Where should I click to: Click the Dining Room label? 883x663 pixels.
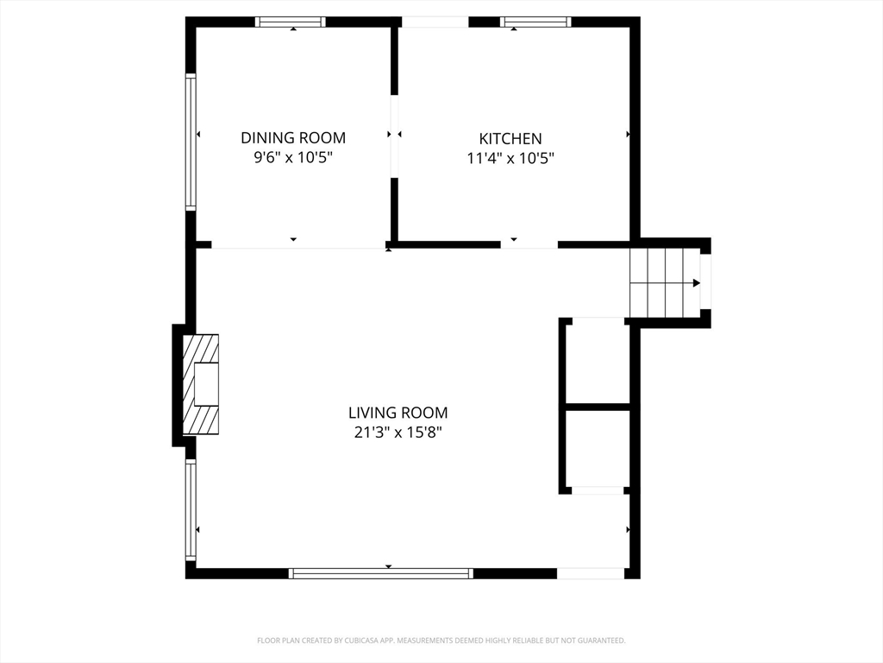click(x=293, y=137)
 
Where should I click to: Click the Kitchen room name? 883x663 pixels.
click(x=510, y=139)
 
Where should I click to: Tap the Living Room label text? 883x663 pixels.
click(x=398, y=413)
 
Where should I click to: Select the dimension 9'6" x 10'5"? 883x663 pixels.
click(x=293, y=157)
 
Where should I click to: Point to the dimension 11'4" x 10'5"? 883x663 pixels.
click(x=510, y=159)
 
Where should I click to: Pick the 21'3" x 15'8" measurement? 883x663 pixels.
click(x=398, y=433)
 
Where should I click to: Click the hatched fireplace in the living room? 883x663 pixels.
click(x=200, y=384)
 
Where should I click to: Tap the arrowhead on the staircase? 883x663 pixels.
click(x=697, y=282)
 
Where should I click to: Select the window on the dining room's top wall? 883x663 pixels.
click(x=291, y=22)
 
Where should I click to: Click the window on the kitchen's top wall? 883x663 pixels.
click(x=535, y=22)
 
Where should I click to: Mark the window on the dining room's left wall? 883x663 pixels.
click(x=191, y=142)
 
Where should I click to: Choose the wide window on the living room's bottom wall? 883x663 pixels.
click(x=380, y=573)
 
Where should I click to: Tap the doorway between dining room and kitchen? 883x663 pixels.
click(x=394, y=136)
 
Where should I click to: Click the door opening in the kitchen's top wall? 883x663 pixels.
click(x=435, y=22)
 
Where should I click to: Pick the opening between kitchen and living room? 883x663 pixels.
click(x=529, y=244)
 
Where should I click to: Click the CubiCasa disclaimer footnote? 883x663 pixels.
click(x=441, y=641)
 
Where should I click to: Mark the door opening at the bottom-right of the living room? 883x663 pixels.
click(x=591, y=573)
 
